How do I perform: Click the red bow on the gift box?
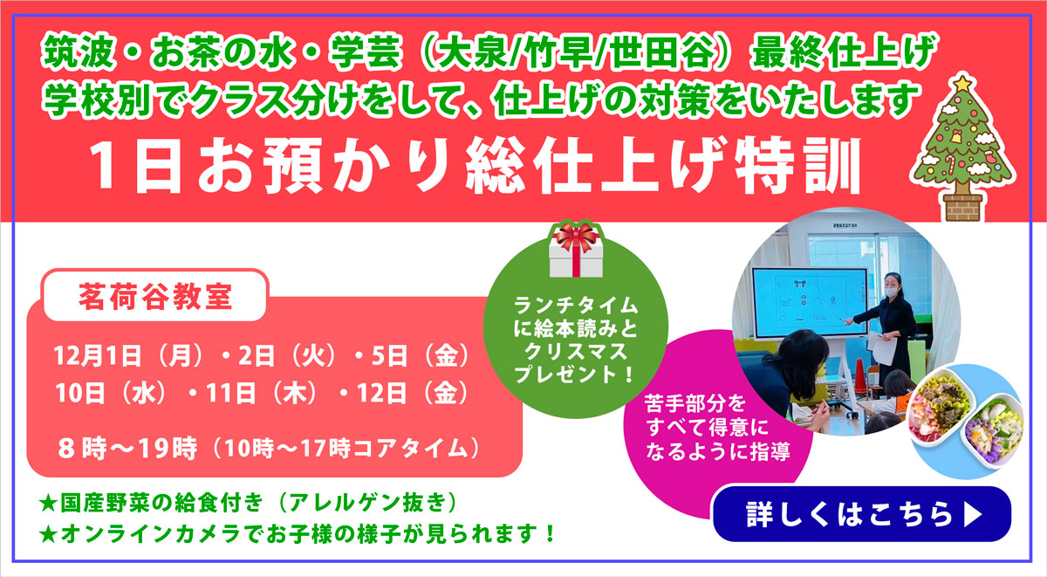point(575,233)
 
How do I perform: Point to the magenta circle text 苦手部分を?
point(708,405)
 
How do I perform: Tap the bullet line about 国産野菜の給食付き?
point(249,504)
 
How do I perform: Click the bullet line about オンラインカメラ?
point(297,532)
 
